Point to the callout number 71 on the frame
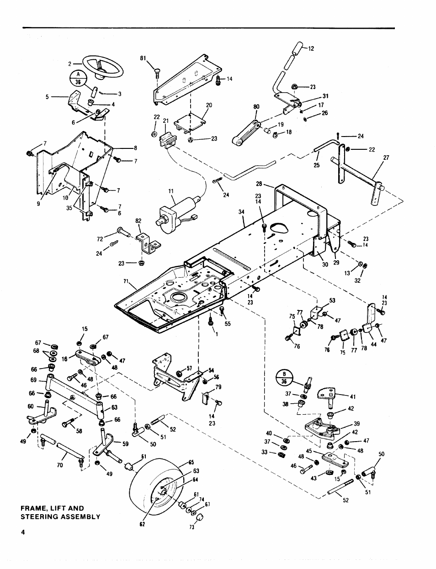(x=127, y=281)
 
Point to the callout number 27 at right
(x=386, y=158)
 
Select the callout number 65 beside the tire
(x=191, y=463)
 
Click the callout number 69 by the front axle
(x=33, y=380)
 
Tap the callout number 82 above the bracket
(x=138, y=221)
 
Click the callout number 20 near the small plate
(x=209, y=105)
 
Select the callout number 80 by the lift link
(x=256, y=109)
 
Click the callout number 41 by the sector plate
(x=352, y=396)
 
